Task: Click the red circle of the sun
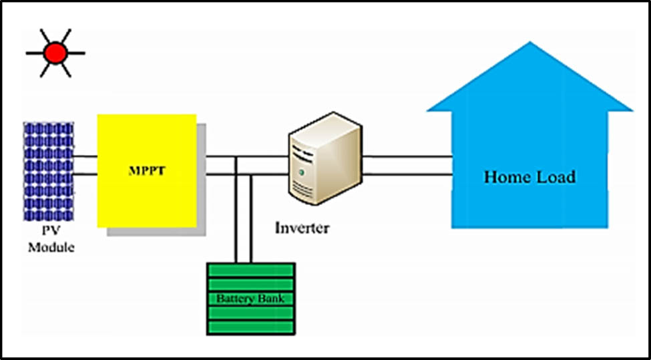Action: pyautogui.click(x=55, y=52)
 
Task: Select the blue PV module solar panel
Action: pyautogui.click(x=49, y=171)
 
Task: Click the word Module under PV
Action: pyautogui.click(x=51, y=248)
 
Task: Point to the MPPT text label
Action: pyautogui.click(x=146, y=170)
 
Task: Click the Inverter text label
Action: pyautogui.click(x=302, y=228)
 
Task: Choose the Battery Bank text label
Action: pyautogui.click(x=250, y=298)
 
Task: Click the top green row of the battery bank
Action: pyautogui.click(x=250, y=269)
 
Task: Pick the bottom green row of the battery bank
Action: pyautogui.click(x=250, y=327)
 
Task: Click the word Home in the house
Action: pyautogui.click(x=506, y=177)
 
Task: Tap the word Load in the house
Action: pyautogui.click(x=554, y=177)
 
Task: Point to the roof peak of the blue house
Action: pyautogui.click(x=530, y=45)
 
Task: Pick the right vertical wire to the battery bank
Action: pyautogui.click(x=250, y=220)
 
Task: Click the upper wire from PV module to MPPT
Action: pyautogui.click(x=85, y=158)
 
